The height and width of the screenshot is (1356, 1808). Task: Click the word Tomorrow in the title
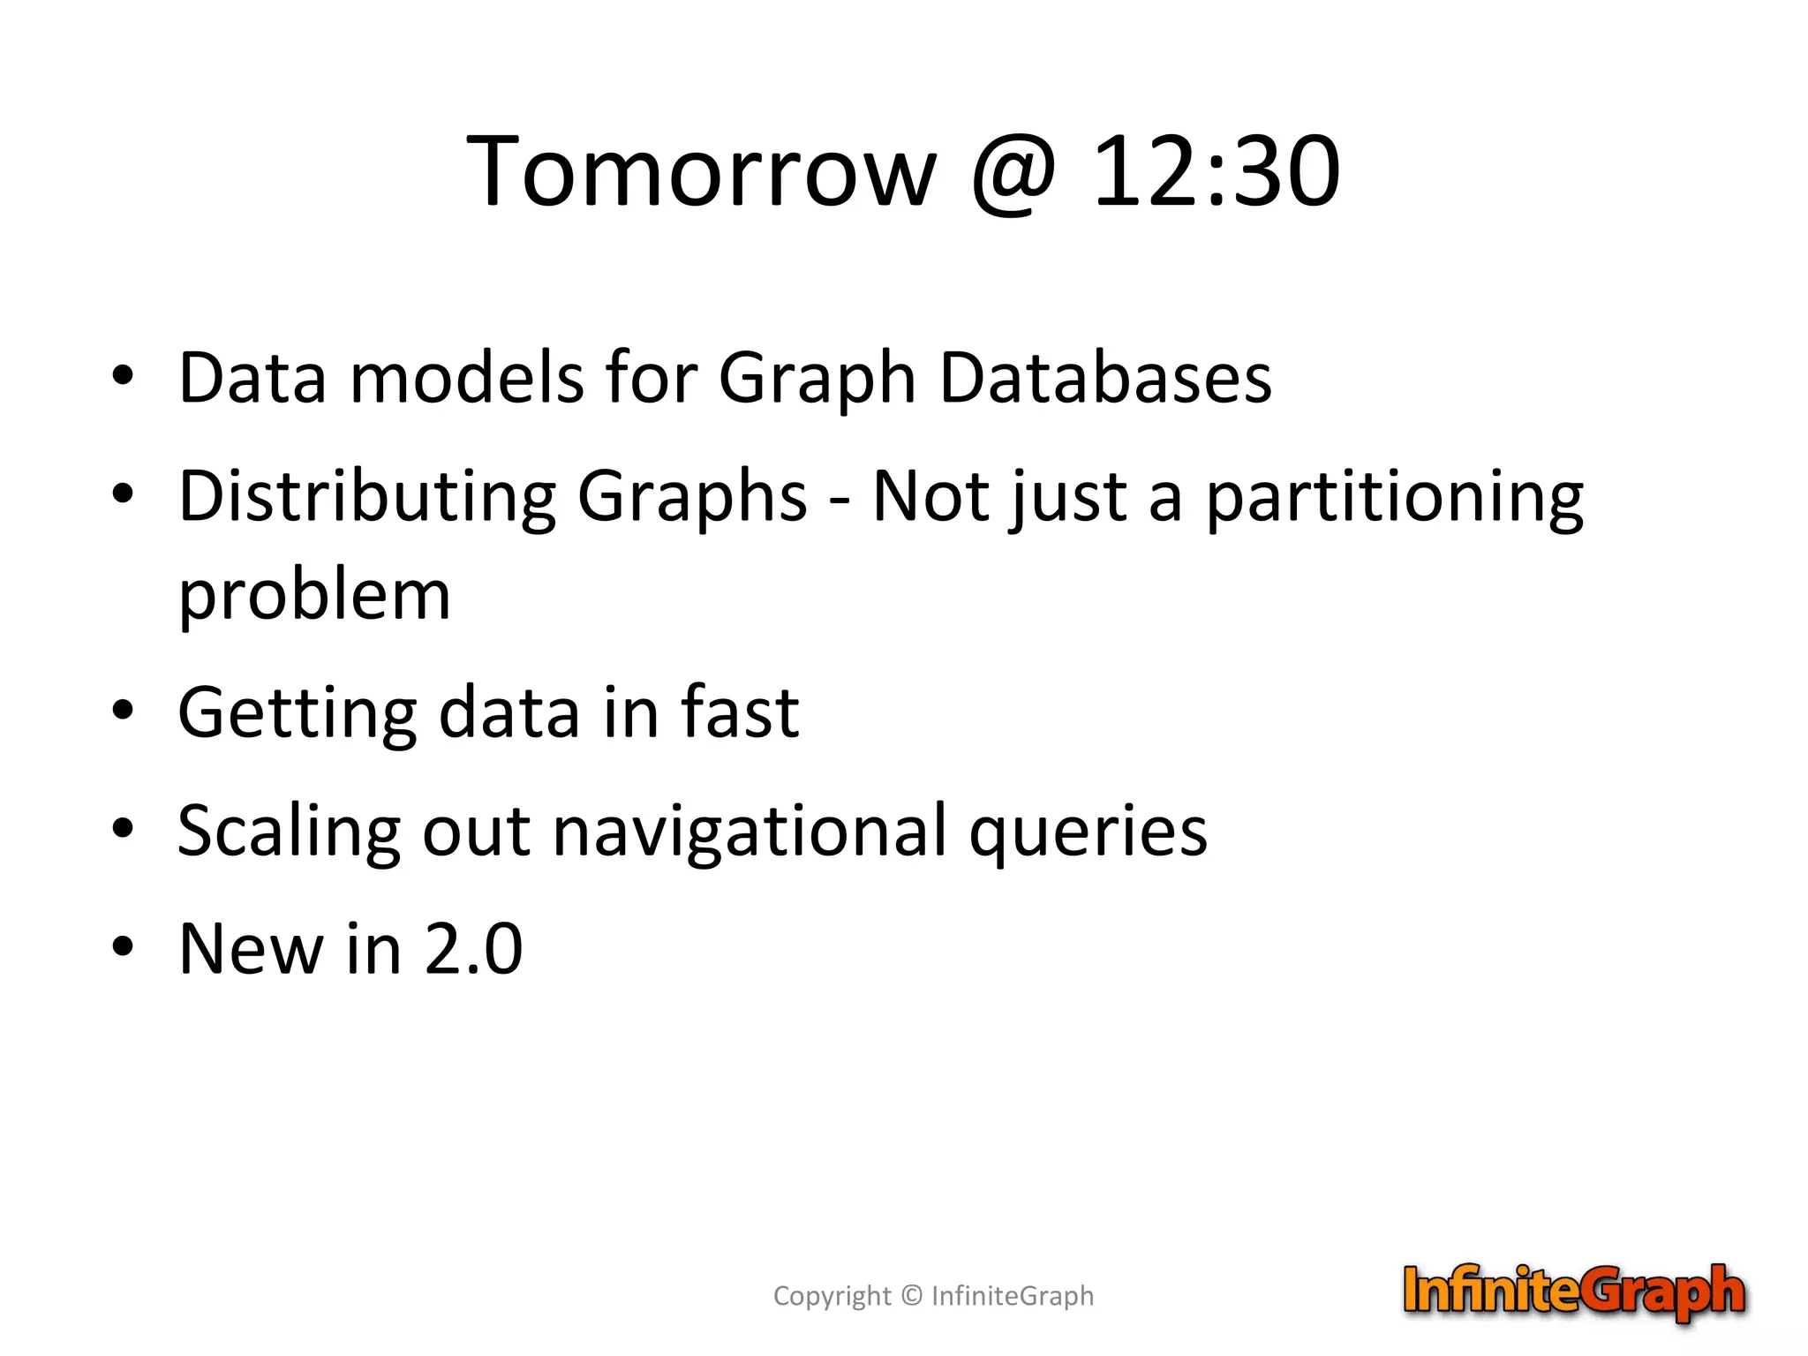click(x=701, y=171)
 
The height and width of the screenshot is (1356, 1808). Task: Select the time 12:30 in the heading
click(x=1217, y=171)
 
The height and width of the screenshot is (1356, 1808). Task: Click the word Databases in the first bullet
click(x=1105, y=378)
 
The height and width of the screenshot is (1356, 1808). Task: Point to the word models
click(x=467, y=378)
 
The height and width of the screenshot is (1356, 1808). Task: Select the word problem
click(x=314, y=597)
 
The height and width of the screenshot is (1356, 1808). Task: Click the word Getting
click(x=297, y=713)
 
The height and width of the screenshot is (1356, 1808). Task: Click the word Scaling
click(x=289, y=832)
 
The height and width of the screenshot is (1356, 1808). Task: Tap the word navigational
click(x=750, y=832)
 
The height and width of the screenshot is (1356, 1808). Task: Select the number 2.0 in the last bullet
click(x=474, y=949)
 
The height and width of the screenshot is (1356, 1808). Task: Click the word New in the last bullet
click(x=251, y=949)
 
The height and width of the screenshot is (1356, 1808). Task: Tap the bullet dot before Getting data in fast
click(x=123, y=709)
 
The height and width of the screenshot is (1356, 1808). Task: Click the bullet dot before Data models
click(x=123, y=375)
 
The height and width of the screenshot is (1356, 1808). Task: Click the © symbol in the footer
click(x=912, y=1295)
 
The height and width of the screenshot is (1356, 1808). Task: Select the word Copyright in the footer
click(x=832, y=1296)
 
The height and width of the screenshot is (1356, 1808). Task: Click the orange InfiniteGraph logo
click(x=1574, y=1292)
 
